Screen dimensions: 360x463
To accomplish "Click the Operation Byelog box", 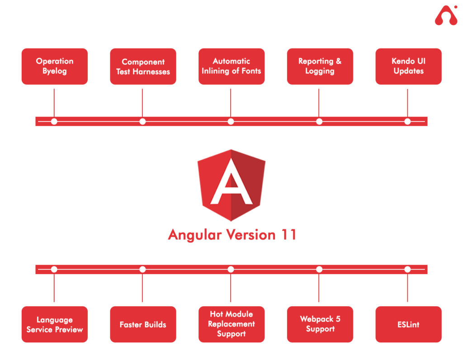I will point(54,66).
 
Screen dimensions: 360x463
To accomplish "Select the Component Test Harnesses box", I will point(143,66).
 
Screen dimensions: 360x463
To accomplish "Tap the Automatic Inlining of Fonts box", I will point(231,66).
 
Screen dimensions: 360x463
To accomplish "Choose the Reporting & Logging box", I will point(320,66).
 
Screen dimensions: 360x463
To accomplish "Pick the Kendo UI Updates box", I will point(408,66).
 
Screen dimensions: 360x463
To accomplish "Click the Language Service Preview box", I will point(54,324).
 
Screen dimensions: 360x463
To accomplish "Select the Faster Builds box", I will point(143,324).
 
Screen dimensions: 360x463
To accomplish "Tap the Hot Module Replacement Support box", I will point(231,324).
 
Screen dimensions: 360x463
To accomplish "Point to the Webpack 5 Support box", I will point(320,324).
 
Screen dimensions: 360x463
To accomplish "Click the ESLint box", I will point(408,324).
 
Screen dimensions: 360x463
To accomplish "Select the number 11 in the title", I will point(287,235).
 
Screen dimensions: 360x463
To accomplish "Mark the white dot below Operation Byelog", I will point(54,121).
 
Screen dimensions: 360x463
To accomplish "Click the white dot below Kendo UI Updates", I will point(407,121).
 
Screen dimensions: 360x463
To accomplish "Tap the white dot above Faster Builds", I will point(142,270).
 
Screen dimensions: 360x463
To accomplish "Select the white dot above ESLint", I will point(407,270).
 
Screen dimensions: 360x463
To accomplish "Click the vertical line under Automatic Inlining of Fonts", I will point(231,102).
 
